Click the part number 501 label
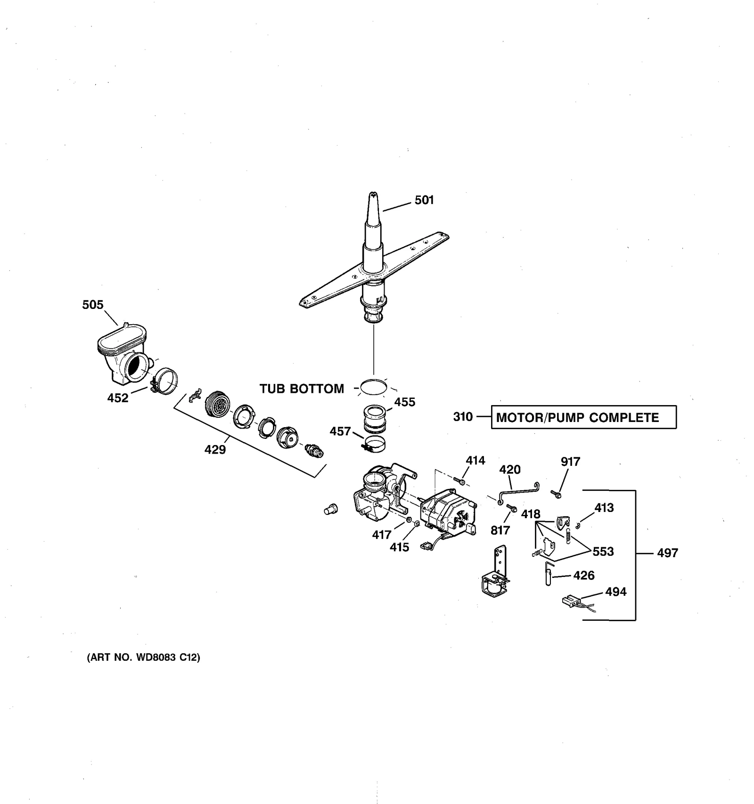point(424,200)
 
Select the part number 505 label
point(92,305)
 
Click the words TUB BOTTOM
point(302,389)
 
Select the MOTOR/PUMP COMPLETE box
point(583,417)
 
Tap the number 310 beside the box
point(463,417)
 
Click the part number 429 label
point(215,450)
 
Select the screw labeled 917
point(557,494)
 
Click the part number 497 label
point(667,553)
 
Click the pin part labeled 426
point(549,573)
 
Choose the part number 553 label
point(603,552)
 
